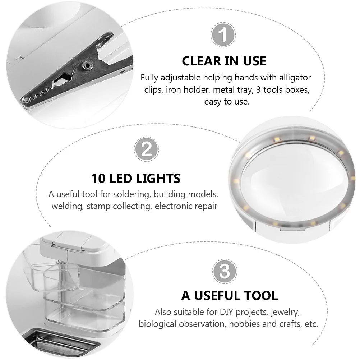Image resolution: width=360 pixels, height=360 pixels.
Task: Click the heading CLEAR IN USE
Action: [224, 61]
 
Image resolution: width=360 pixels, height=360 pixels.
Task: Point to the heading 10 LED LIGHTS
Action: [136, 178]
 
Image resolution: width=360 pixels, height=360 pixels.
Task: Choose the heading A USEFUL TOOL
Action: [230, 296]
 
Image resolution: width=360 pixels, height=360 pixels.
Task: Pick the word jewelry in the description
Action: [285, 311]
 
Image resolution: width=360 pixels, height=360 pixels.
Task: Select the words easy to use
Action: [226, 102]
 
